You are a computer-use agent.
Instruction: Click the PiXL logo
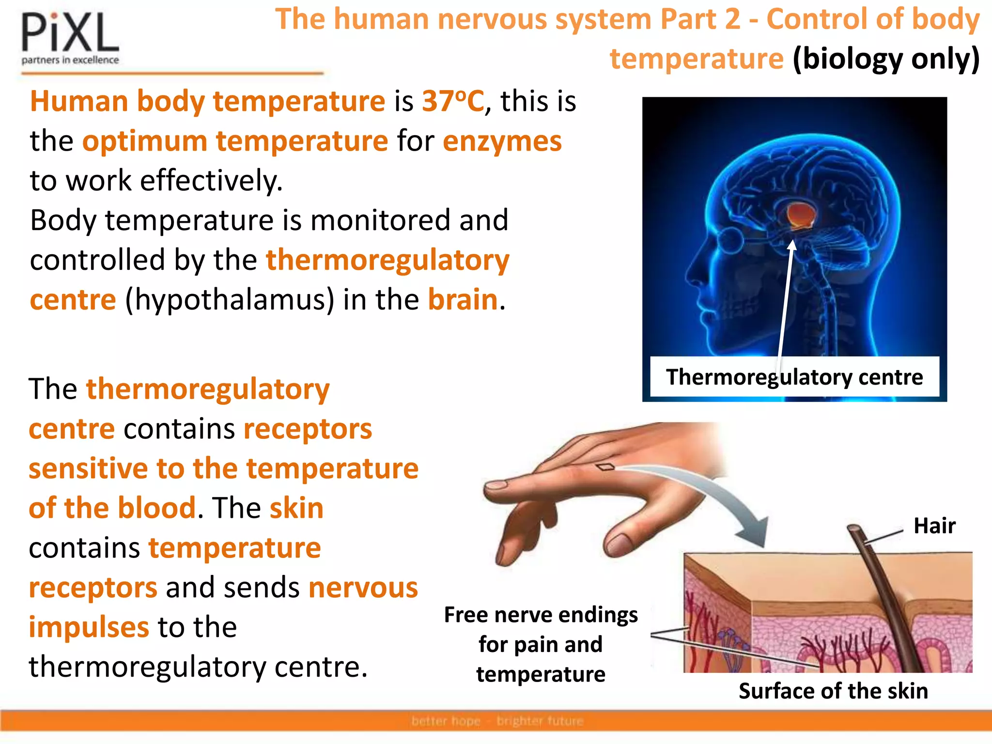click(x=70, y=39)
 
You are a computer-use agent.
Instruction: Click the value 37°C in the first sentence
click(x=452, y=101)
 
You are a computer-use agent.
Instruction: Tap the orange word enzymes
click(x=502, y=141)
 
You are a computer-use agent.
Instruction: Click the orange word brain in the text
click(x=463, y=300)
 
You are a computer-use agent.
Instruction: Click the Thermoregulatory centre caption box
click(x=794, y=377)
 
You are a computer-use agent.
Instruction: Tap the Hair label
click(x=934, y=526)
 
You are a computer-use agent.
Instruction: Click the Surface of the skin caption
click(x=833, y=691)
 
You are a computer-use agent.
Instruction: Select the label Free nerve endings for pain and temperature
click(x=541, y=644)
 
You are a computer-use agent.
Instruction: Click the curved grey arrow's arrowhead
click(x=753, y=533)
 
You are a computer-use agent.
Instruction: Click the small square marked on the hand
click(x=605, y=467)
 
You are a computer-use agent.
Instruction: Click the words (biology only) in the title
click(x=886, y=59)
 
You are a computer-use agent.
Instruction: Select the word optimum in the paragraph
click(x=145, y=141)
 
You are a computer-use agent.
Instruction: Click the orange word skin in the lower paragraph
click(x=296, y=508)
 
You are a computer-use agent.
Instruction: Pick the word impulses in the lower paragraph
click(x=89, y=627)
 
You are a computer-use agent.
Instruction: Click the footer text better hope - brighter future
click(x=497, y=721)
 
